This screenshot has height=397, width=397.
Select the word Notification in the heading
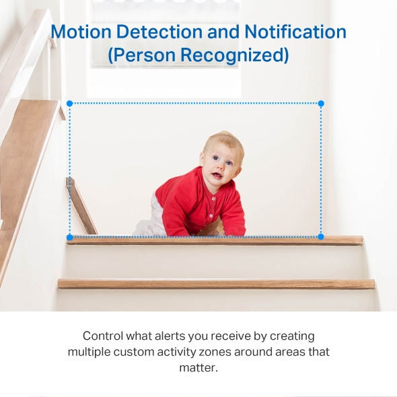pos(295,32)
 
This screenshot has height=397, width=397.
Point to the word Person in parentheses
pos(141,55)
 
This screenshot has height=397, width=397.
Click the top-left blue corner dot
pos(69,104)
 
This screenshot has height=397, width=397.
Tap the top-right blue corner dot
pos(321,104)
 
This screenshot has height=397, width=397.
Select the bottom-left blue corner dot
pos(69,237)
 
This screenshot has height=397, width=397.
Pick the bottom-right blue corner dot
pos(321,237)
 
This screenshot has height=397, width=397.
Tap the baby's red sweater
pos(195,202)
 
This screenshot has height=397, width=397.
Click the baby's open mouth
pos(216,176)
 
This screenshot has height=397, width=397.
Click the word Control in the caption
pos(103,336)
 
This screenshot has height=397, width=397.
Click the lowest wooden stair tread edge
pos(215,284)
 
